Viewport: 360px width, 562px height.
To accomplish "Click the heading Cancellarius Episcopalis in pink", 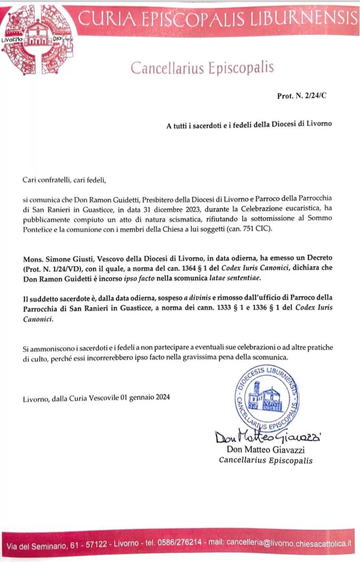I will pos(202,68).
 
